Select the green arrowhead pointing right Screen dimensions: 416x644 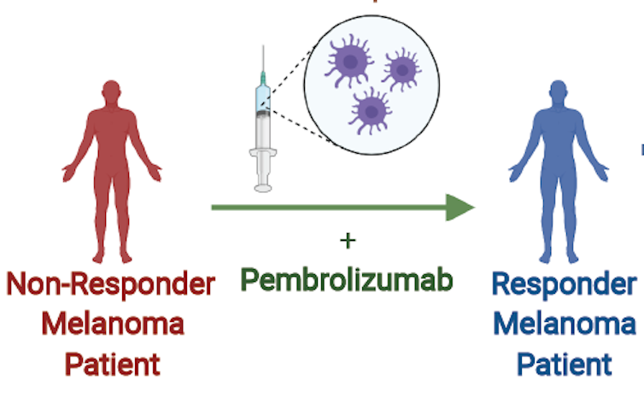coord(460,208)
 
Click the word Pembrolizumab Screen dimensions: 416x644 coord(346,279)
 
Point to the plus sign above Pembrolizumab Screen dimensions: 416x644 coord(347,241)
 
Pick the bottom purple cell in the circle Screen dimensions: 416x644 coord(370,111)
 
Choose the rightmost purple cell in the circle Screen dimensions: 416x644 coord(402,67)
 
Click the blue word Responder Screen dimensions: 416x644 coord(565,284)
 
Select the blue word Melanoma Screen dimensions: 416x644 coord(565,325)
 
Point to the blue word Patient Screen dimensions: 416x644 coord(565,365)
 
